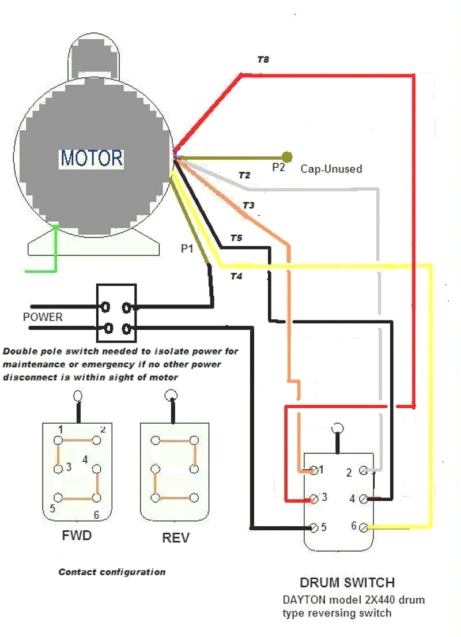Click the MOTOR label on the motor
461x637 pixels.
coord(92,157)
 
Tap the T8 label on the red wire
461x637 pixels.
coord(263,59)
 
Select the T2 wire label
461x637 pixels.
coord(244,175)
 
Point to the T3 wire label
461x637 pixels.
coord(248,205)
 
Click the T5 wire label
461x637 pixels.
coord(236,238)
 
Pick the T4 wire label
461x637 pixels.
coord(236,276)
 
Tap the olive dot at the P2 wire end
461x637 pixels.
coord(286,157)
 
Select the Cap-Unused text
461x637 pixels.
coord(331,169)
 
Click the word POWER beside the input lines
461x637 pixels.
coord(43,317)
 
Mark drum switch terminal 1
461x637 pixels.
coord(313,470)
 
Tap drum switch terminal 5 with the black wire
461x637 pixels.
coord(313,527)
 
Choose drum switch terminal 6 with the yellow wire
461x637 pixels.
coord(363,527)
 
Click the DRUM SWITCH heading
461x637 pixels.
coord(347,582)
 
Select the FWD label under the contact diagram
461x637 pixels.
coord(77,536)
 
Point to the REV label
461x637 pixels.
coord(176,538)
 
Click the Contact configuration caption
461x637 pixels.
coord(112,572)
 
